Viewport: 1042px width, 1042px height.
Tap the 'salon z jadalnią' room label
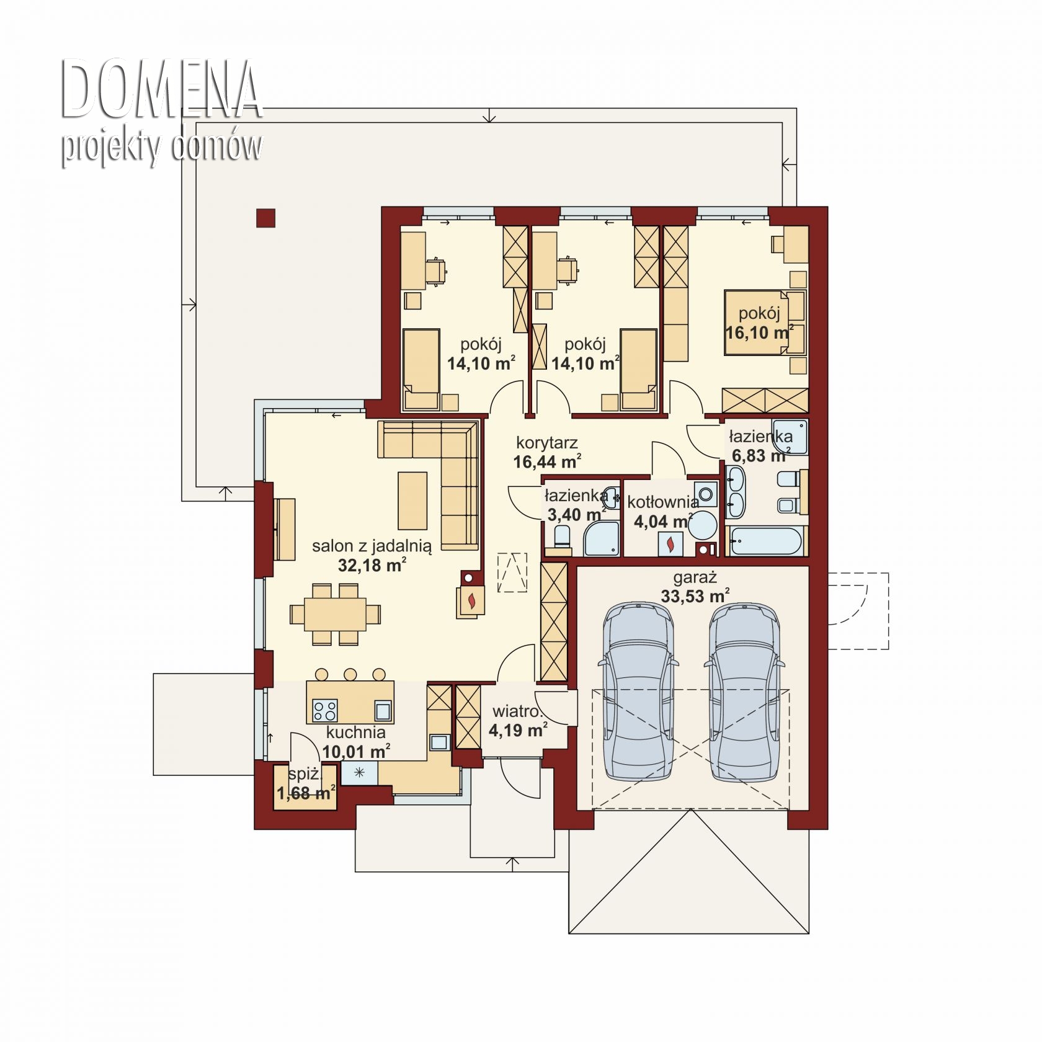372,546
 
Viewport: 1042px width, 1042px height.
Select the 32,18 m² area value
372,564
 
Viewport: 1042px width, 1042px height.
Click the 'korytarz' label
547,443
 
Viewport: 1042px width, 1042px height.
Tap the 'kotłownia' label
663,502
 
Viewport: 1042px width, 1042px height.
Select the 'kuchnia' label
356,733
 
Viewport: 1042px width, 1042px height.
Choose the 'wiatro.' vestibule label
518,711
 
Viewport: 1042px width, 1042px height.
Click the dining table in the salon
335,614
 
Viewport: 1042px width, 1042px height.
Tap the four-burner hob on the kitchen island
325,709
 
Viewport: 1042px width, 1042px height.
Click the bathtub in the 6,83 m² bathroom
767,541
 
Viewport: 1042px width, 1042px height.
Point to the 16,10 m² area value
760,332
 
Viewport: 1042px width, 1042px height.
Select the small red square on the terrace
265,218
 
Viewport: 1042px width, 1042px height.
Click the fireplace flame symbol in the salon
473,600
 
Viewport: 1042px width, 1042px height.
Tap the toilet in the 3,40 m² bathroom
563,537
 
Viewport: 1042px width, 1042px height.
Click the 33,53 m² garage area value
695,597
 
